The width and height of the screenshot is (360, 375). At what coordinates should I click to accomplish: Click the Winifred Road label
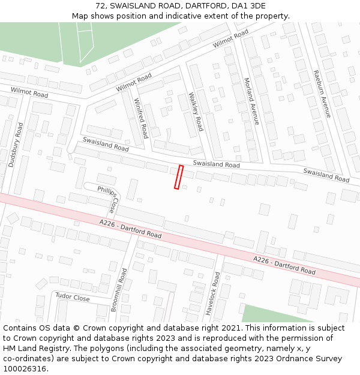click(141, 118)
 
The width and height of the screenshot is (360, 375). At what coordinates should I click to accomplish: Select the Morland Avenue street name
click(251, 101)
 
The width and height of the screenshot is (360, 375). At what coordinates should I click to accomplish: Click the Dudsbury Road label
click(16, 145)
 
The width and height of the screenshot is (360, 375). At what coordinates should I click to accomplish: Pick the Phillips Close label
click(108, 199)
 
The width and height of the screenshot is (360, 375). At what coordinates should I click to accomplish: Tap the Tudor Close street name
click(73, 298)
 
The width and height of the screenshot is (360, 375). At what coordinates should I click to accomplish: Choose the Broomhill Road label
click(119, 290)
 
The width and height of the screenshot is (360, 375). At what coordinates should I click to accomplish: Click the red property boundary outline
click(178, 177)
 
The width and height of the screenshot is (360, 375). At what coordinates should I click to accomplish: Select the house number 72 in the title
click(100, 5)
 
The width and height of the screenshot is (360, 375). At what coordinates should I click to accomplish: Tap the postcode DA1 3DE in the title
click(248, 5)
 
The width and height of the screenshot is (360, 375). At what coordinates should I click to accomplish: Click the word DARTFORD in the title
click(201, 5)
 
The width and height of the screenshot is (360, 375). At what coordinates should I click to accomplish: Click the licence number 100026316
click(25, 368)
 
